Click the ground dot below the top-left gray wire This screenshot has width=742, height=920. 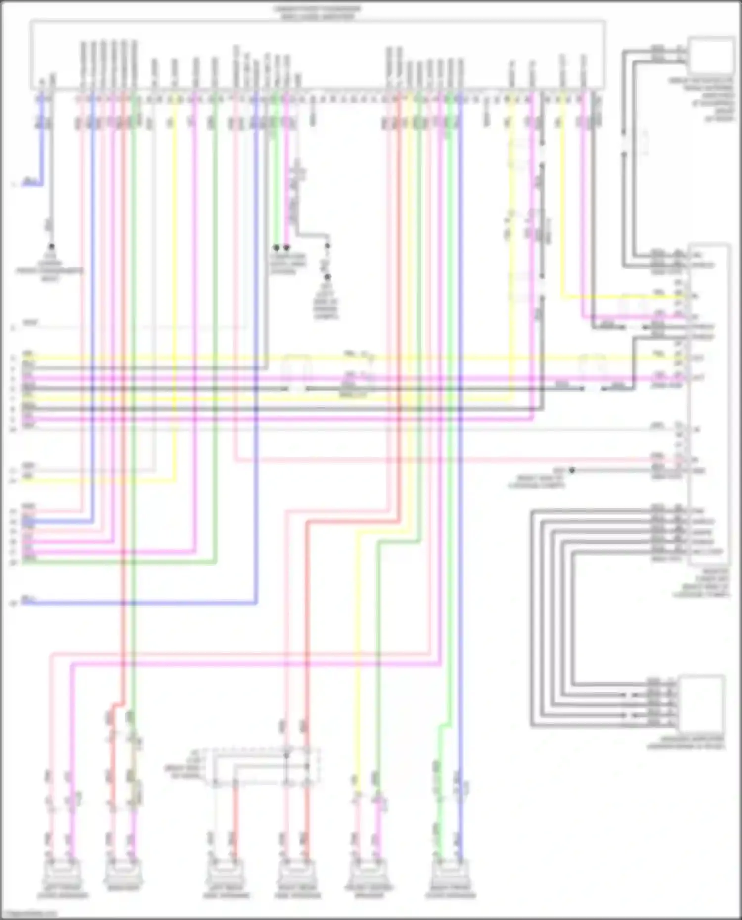[x=51, y=246]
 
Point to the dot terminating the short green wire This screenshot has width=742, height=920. [x=277, y=247]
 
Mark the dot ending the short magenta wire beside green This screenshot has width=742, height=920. [x=287, y=247]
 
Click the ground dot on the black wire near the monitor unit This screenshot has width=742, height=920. [x=572, y=470]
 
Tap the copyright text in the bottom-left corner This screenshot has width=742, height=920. [x=30, y=914]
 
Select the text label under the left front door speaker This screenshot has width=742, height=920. [x=62, y=895]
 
